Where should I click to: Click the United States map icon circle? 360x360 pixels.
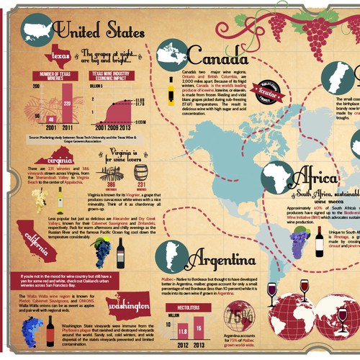[35, 30]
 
